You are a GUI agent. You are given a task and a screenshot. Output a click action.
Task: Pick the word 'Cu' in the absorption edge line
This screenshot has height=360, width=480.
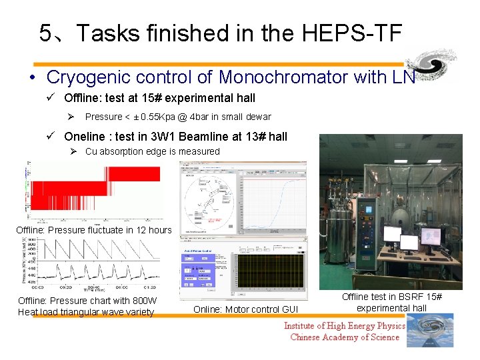(x=91, y=151)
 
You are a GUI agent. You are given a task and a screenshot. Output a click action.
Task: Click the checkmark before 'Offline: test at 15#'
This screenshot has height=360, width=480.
(x=51, y=98)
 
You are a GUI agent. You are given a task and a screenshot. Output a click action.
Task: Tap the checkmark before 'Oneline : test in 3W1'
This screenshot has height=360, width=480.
(x=51, y=137)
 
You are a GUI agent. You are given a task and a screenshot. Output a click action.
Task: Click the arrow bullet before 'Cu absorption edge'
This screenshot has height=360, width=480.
(x=75, y=151)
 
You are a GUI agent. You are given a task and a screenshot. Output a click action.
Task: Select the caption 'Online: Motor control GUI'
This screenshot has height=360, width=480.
(x=247, y=309)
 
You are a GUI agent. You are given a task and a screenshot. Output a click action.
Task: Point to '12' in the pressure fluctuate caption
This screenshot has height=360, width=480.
(x=138, y=230)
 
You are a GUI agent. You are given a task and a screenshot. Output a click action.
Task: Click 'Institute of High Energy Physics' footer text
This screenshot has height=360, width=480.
(x=344, y=326)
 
